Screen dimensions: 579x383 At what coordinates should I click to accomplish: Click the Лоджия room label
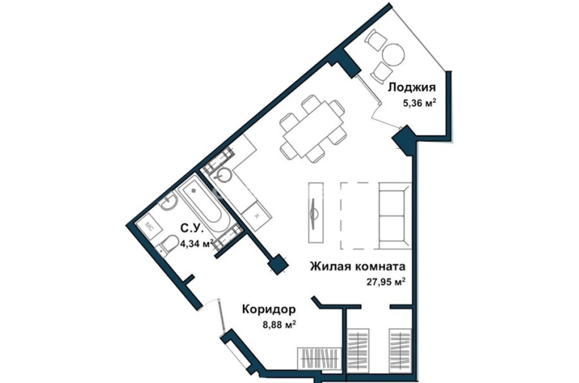412,88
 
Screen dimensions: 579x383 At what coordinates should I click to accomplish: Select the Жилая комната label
357,266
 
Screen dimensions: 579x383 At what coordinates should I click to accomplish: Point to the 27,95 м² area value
386,282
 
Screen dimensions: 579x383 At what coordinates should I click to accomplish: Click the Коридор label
269,309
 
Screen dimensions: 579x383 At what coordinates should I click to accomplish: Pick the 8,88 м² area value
279,325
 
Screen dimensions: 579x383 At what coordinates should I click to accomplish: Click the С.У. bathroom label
192,229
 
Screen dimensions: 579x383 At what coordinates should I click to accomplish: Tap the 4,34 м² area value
197,243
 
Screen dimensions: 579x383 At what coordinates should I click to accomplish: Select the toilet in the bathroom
168,244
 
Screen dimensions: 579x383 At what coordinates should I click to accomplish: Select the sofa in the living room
395,216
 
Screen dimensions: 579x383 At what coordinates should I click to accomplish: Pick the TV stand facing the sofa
316,213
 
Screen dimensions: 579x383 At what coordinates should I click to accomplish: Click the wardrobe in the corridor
319,358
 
